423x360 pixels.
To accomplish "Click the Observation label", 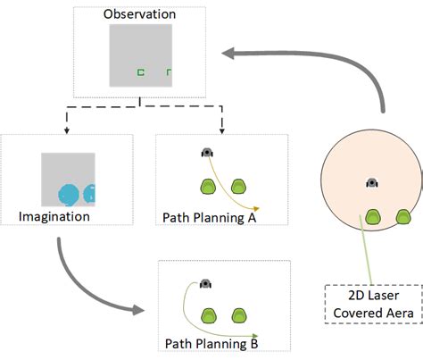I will pyautogui.click(x=139, y=15).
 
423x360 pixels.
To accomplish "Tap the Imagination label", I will pyautogui.click(x=54, y=216).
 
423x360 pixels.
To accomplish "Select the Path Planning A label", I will pyautogui.click(x=211, y=216).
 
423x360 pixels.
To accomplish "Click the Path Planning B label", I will pyautogui.click(x=211, y=343).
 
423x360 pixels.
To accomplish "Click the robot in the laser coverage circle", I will pyautogui.click(x=370, y=183).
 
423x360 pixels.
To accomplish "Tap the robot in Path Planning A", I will pyautogui.click(x=207, y=154).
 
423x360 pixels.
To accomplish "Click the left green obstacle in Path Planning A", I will pyautogui.click(x=208, y=186).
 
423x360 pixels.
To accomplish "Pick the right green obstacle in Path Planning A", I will pyautogui.click(x=238, y=186).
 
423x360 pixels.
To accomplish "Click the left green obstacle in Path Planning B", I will pyautogui.click(x=209, y=315).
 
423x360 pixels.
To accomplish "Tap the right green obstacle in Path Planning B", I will pyautogui.click(x=239, y=315).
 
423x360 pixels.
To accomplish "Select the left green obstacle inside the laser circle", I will pyautogui.click(x=372, y=216).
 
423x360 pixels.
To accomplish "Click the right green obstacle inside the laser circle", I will pyautogui.click(x=403, y=216).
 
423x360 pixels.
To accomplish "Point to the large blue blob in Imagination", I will pyautogui.click(x=68, y=193).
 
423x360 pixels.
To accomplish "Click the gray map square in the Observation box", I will pyautogui.click(x=140, y=54).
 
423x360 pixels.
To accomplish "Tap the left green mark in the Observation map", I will pyautogui.click(x=139, y=71).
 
